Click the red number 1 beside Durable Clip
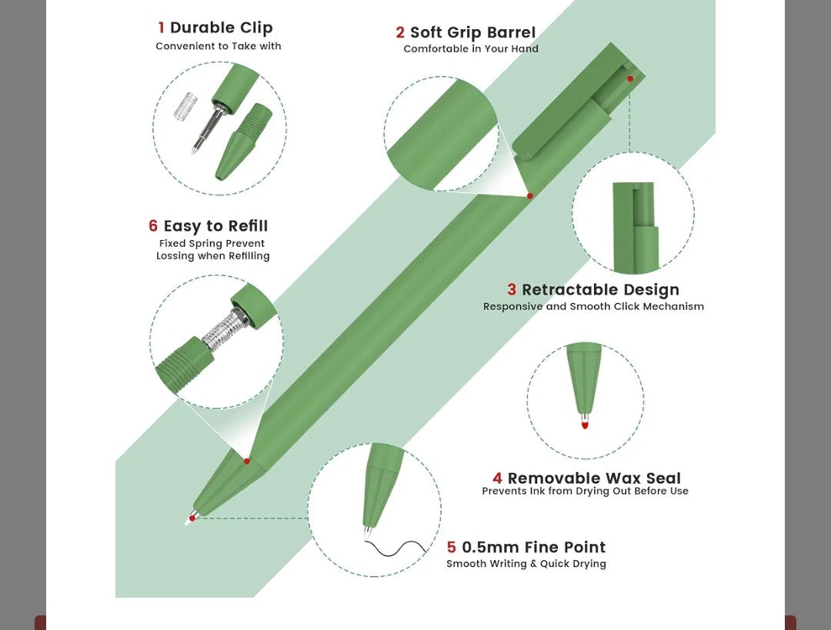click(161, 28)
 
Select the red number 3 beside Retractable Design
click(512, 289)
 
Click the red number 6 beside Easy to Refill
click(153, 225)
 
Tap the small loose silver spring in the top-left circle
click(185, 106)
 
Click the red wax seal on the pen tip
click(585, 423)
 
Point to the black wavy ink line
click(396, 548)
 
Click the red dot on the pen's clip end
click(630, 79)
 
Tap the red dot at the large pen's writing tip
click(192, 518)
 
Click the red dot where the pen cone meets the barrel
click(246, 461)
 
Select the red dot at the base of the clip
click(529, 196)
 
